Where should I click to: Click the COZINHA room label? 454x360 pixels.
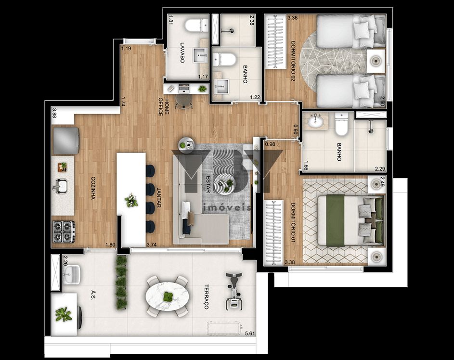point(93,188)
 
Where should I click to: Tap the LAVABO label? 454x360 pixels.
point(182,52)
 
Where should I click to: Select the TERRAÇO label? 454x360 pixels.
point(207,297)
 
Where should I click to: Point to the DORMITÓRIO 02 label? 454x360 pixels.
point(293,61)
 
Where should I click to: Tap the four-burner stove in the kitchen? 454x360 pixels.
point(64,231)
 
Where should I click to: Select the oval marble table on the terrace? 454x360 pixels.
point(168,296)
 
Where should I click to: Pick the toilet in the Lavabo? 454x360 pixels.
point(196,25)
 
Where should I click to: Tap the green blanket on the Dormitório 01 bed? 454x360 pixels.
point(335,220)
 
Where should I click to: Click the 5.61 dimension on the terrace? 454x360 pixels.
point(250,334)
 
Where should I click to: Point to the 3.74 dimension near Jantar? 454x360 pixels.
point(152,244)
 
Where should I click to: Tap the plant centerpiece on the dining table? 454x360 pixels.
point(131,200)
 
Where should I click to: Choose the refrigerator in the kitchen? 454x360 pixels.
point(65,141)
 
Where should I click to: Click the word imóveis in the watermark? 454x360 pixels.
point(227,208)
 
